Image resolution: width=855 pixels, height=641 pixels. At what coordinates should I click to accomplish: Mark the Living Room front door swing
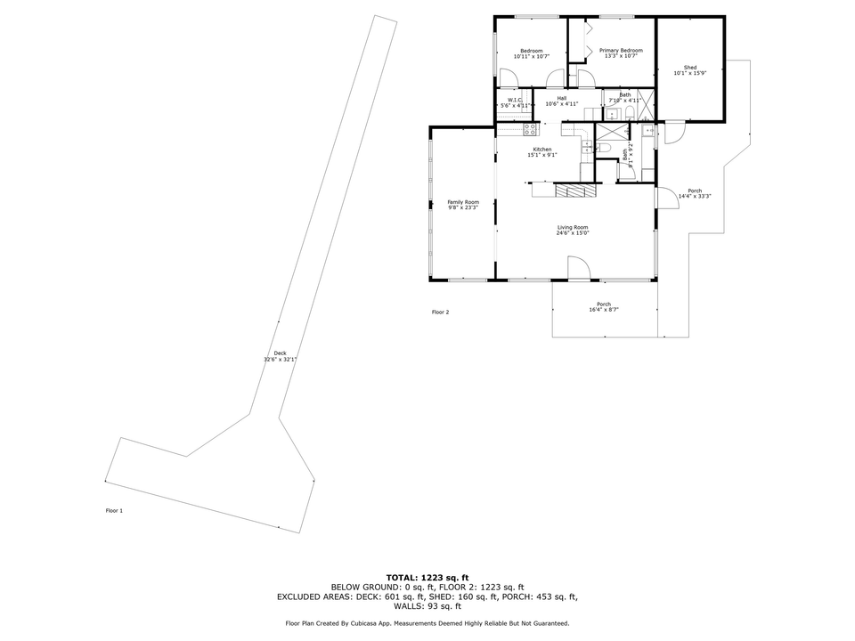click(x=577, y=267)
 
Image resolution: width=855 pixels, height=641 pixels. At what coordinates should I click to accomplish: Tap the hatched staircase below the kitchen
click(x=575, y=191)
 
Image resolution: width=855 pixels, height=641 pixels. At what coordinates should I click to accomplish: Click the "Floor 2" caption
click(x=441, y=312)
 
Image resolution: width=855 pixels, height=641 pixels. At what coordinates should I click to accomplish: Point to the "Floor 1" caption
click(x=114, y=511)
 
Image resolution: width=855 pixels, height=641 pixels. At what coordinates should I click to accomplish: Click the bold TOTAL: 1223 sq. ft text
click(x=427, y=578)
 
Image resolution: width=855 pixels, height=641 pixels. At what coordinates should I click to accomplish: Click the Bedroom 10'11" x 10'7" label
click(x=532, y=53)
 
